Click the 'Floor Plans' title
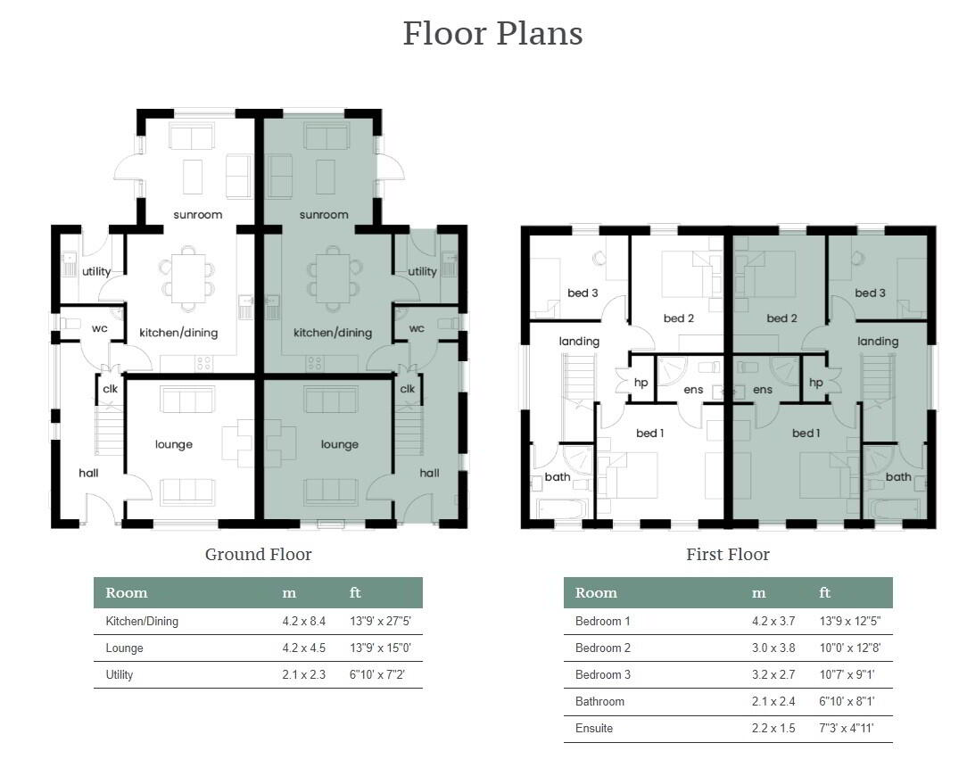[492, 33]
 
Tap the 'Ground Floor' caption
[259, 554]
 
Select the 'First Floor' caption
[728, 554]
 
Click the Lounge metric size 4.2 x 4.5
[303, 648]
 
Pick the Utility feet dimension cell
[376, 674]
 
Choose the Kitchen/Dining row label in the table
[142, 621]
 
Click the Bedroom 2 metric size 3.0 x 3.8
[773, 648]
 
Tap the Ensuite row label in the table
[594, 728]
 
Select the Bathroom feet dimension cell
[847, 701]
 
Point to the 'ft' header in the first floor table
[824, 592]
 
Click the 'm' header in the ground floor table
[289, 593]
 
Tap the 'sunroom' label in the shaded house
[324, 215]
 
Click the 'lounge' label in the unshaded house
[174, 444]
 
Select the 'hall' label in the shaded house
[429, 473]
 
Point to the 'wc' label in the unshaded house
[99, 328]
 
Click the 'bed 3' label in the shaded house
[870, 293]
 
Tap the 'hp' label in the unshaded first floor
[641, 383]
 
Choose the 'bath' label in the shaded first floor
[898, 476]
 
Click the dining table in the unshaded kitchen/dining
[187, 277]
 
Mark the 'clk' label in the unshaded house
[111, 389]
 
